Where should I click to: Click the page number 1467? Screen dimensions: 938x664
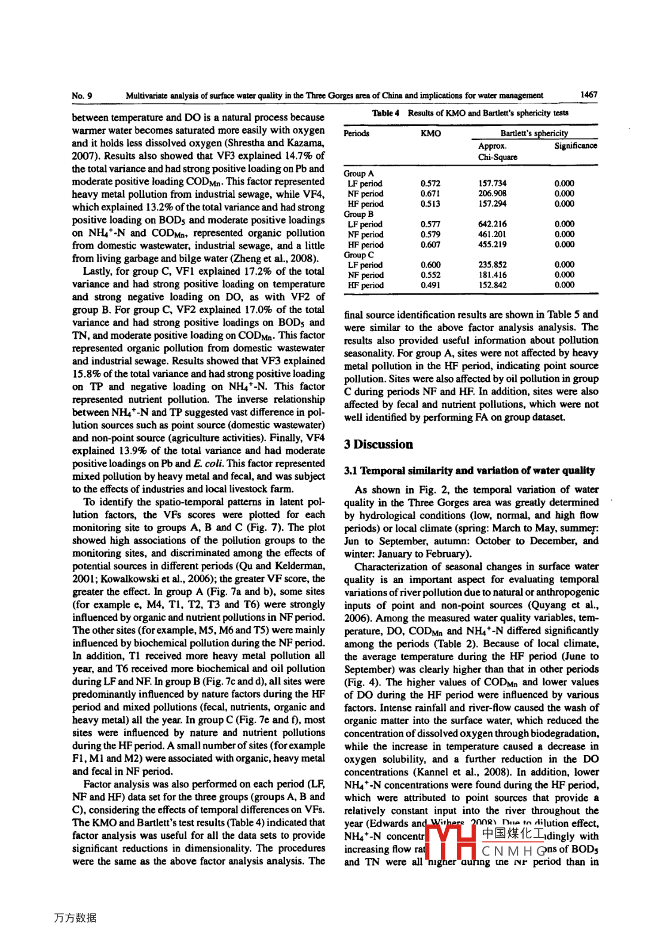click(588, 94)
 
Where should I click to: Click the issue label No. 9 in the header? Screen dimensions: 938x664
click(82, 96)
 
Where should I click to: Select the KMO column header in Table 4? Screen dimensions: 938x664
click(430, 133)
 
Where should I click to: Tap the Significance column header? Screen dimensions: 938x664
click(575, 146)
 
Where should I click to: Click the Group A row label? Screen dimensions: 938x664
click(359, 173)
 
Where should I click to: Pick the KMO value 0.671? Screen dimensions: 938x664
click(430, 194)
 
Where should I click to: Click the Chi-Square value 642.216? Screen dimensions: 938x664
click(492, 224)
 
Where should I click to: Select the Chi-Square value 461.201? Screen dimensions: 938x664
click(492, 234)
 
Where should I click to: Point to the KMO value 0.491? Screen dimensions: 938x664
click(430, 285)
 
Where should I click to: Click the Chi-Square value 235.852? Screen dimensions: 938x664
click(492, 265)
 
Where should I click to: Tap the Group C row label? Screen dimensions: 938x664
click(359, 255)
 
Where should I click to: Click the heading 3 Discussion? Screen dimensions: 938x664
click(378, 445)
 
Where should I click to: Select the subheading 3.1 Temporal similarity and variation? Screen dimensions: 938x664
click(469, 470)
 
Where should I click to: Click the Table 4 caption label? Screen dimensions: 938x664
click(385, 113)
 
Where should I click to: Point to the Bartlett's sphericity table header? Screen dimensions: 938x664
click(534, 133)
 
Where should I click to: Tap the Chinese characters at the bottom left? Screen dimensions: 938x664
click(75, 918)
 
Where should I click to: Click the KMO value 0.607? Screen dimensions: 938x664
click(430, 244)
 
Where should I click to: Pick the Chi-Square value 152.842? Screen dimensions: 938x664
click(492, 285)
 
